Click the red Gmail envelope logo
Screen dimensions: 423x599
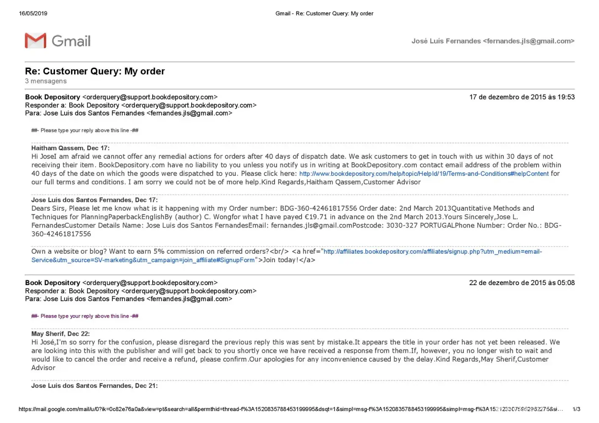point(36,41)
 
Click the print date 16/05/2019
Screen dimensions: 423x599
point(33,14)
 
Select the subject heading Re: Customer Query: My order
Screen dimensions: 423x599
point(95,71)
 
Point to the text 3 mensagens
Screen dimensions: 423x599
point(46,81)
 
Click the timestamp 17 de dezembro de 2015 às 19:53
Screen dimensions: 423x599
point(522,97)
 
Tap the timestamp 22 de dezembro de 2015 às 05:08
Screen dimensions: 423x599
point(522,283)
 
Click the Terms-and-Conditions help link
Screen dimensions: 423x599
point(424,174)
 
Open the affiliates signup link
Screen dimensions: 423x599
point(432,252)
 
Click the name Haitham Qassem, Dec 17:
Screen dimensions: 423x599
point(70,148)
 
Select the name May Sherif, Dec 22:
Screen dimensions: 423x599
point(60,334)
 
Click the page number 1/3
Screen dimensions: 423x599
point(576,409)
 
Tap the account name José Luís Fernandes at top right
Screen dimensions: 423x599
point(446,41)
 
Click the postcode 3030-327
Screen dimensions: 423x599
point(401,225)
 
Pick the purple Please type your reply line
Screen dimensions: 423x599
point(85,316)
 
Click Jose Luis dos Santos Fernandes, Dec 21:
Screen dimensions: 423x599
point(94,386)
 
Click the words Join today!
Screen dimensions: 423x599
point(281,260)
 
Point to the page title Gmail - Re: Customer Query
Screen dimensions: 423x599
point(324,14)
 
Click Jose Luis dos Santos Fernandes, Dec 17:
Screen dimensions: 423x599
point(94,200)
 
